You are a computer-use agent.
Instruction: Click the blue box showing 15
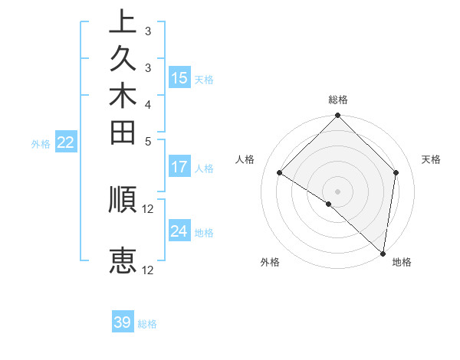[x=179, y=78]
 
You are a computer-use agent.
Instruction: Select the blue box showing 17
[x=179, y=167]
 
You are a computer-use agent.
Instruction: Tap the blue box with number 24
[x=179, y=231]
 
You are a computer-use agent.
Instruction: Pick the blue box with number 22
[x=67, y=142]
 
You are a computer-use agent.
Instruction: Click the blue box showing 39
[x=123, y=322]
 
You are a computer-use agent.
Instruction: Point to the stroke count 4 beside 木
[x=148, y=104]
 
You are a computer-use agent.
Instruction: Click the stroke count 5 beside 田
[x=148, y=141]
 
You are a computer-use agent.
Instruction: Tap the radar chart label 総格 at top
[x=337, y=100]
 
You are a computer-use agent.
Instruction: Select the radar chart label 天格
[x=431, y=159]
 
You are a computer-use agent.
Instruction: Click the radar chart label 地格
[x=402, y=262]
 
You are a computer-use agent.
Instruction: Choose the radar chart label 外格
[x=270, y=262]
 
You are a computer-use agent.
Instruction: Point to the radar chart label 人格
[x=245, y=159]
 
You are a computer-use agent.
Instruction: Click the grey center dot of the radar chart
[x=337, y=191]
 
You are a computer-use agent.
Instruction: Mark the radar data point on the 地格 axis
[x=383, y=253]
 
